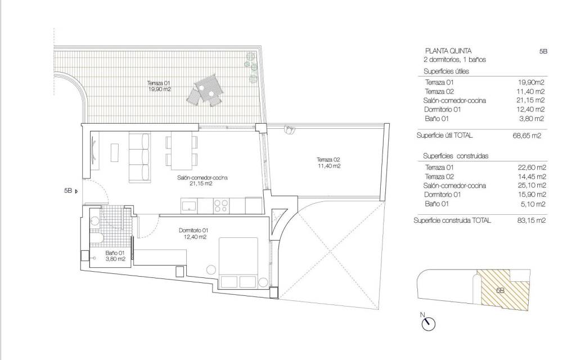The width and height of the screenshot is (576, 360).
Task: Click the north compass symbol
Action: click(429, 323)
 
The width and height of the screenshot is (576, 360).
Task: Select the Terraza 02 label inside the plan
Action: click(329, 163)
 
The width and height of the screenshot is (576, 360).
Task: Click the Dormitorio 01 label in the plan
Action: click(194, 233)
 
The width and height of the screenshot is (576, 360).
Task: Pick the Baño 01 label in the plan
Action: click(115, 256)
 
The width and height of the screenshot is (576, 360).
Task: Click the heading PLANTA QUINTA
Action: click(448, 51)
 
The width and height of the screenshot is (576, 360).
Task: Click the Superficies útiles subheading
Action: click(446, 71)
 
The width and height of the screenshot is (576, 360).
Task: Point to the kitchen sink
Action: click(188, 205)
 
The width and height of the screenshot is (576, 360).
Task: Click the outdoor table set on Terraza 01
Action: click(204, 91)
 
